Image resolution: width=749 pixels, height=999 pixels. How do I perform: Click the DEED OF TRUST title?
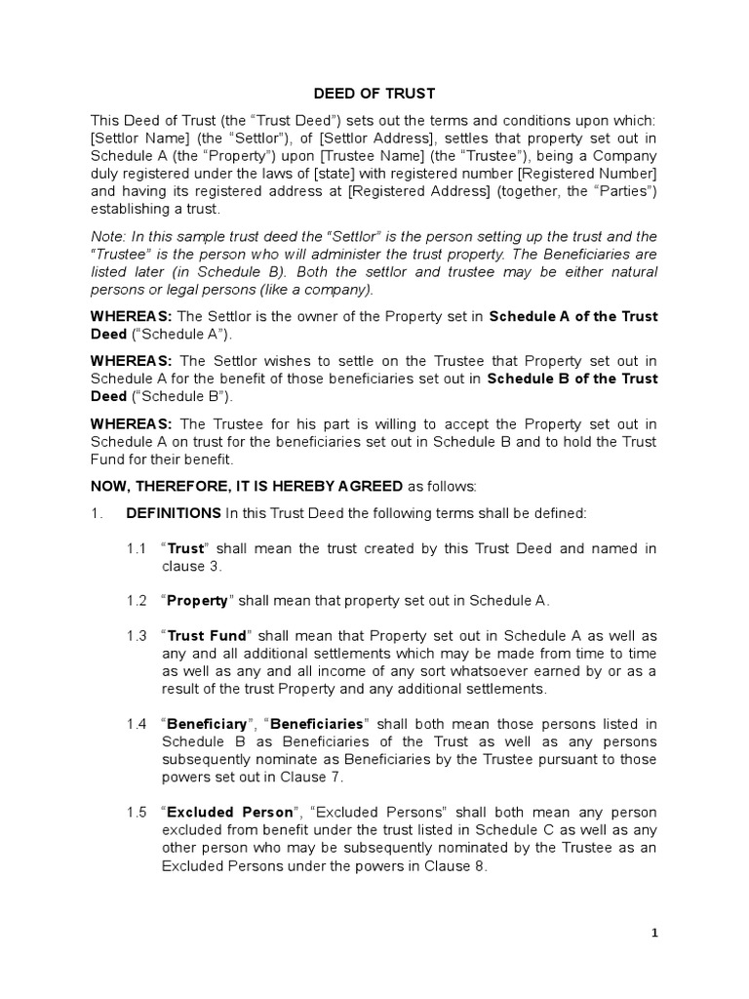click(x=374, y=94)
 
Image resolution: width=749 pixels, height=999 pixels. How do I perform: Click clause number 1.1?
click(x=136, y=548)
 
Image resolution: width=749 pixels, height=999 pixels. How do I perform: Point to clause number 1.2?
click(x=136, y=600)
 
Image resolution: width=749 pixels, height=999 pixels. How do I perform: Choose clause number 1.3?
click(x=136, y=636)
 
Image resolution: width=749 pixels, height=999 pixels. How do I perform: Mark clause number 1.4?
click(x=136, y=724)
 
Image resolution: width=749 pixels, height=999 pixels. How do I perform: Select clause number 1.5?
click(x=136, y=812)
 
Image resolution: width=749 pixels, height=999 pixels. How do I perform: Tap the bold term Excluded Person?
click(x=230, y=812)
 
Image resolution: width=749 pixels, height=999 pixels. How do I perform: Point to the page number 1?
click(x=655, y=933)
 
